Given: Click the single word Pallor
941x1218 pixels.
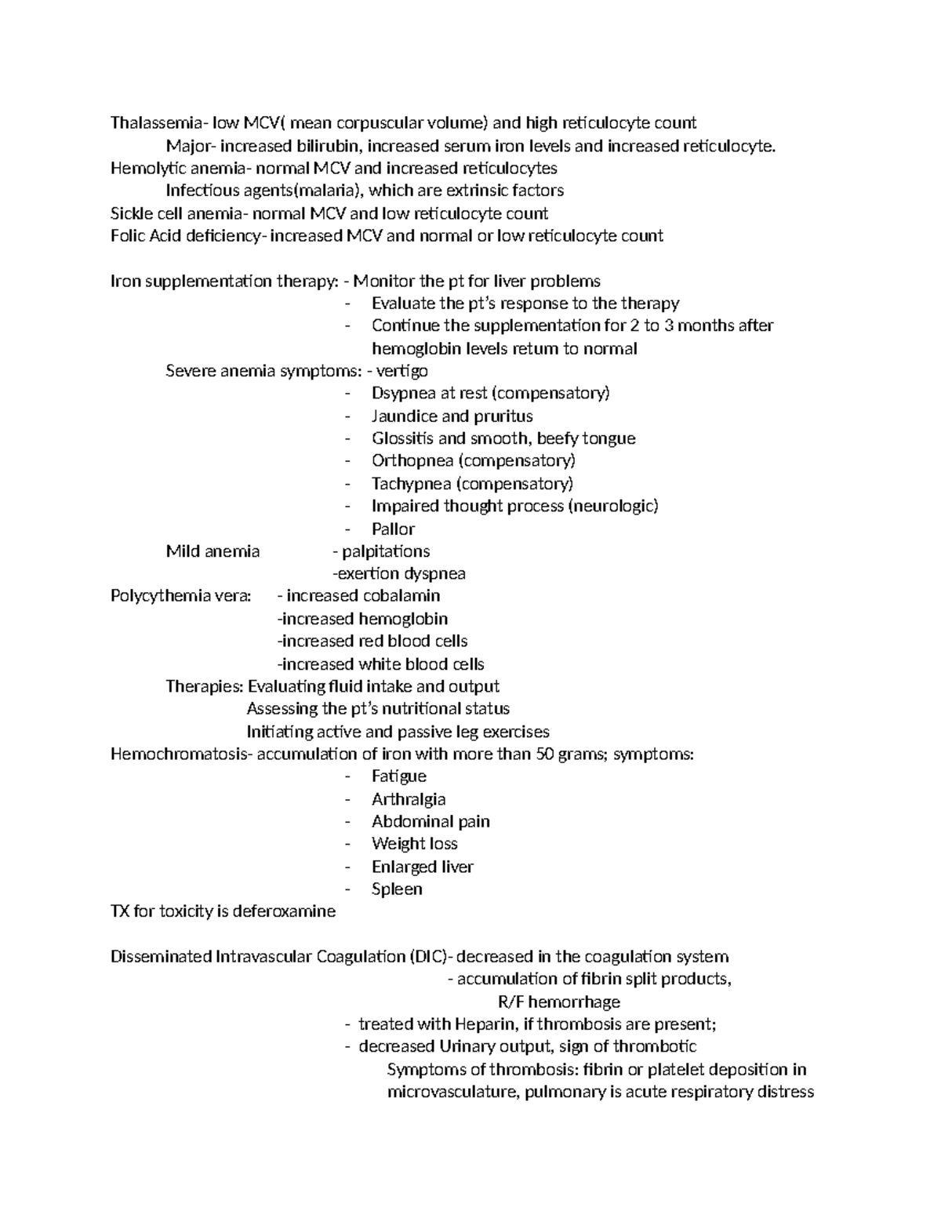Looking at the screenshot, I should click(x=393, y=529).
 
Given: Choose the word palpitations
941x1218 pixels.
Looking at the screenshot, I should click(x=386, y=551).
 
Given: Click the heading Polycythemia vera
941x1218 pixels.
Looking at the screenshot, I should click(x=181, y=596).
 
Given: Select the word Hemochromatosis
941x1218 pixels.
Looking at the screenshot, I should click(x=177, y=754).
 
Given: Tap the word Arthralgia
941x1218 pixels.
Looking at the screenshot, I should click(x=409, y=799).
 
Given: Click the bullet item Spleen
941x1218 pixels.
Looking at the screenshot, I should click(x=397, y=889).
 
